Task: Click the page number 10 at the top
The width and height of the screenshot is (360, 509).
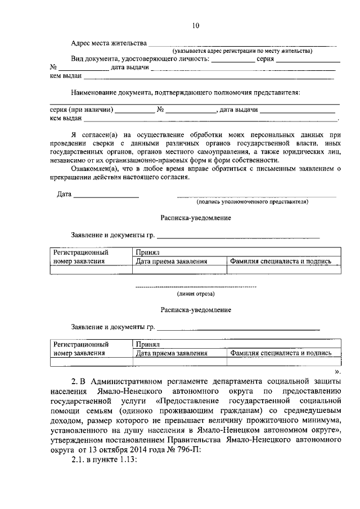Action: coord(195,25)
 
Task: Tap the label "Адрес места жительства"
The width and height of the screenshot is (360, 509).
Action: coord(109,43)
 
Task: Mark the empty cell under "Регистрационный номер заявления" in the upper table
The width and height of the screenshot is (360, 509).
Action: coord(91,269)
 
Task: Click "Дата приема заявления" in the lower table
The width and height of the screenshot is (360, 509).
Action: coord(172,353)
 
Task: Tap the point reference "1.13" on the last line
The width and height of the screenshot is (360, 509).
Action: coord(127,459)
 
